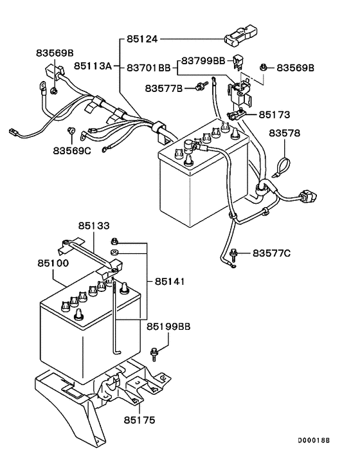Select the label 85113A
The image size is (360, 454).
[x=93, y=66]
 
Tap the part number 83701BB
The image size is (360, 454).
[x=148, y=66]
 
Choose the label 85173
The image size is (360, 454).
[x=274, y=115]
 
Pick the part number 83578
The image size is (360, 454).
[x=284, y=133]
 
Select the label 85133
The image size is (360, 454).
[x=94, y=226]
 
